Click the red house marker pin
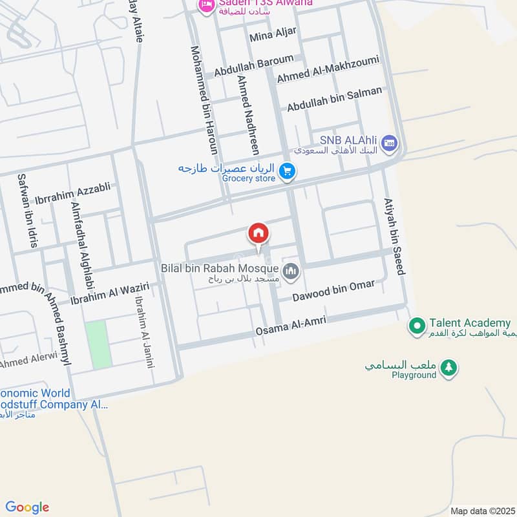tap(258, 233)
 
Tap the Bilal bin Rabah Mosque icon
tap(291, 271)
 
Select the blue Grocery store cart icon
tap(289, 171)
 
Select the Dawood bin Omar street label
tap(333, 291)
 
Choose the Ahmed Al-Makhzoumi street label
tap(328, 69)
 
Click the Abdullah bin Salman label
tap(335, 98)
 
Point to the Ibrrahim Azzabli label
tap(77, 192)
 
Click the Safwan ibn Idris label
tap(28, 211)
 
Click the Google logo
tap(27, 507)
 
